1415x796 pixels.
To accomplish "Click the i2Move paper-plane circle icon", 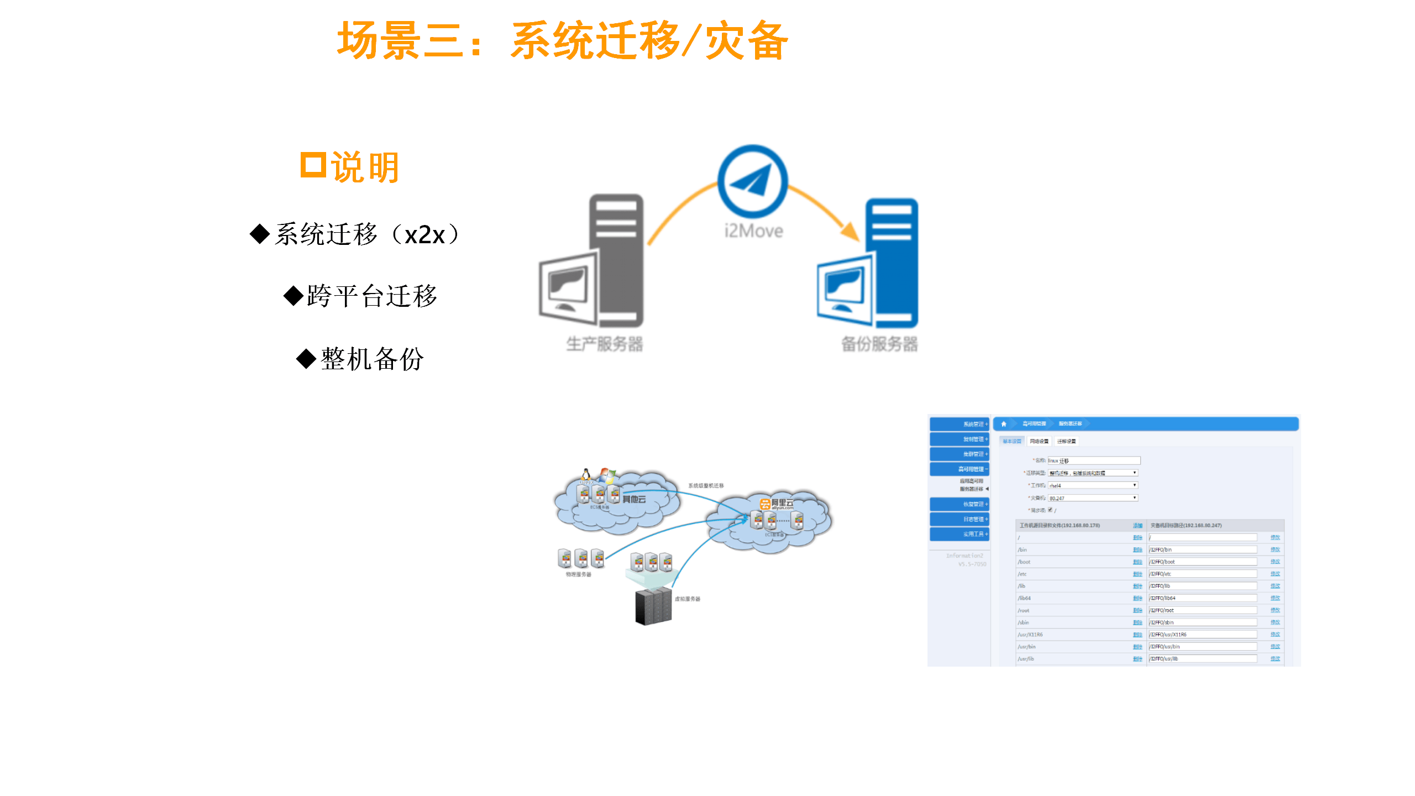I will point(752,181).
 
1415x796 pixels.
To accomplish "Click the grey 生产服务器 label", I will point(604,344).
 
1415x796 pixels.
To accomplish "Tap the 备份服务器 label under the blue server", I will point(879,344).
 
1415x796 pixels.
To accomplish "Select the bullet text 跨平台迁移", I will point(372,296).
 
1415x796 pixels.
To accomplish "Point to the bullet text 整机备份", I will point(372,359).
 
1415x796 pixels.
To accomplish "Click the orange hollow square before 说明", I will point(313,165).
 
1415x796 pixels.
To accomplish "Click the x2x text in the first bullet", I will point(424,235).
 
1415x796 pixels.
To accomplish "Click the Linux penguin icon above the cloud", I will point(586,474).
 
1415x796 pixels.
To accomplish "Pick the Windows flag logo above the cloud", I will point(607,475).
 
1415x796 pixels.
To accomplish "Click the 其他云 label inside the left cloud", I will point(634,499).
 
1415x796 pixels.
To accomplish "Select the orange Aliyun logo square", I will point(765,504).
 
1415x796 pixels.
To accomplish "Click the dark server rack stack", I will point(653,607).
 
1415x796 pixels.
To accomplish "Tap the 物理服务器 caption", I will point(578,574).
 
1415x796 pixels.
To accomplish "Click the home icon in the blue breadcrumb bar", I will point(1004,424).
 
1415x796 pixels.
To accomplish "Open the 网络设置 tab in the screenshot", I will point(1039,441).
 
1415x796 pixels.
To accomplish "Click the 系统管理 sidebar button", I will point(960,424).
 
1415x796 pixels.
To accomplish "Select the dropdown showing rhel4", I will point(1093,485).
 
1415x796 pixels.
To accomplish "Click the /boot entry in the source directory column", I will point(1025,562).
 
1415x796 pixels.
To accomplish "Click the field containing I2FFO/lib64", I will point(1203,598).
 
